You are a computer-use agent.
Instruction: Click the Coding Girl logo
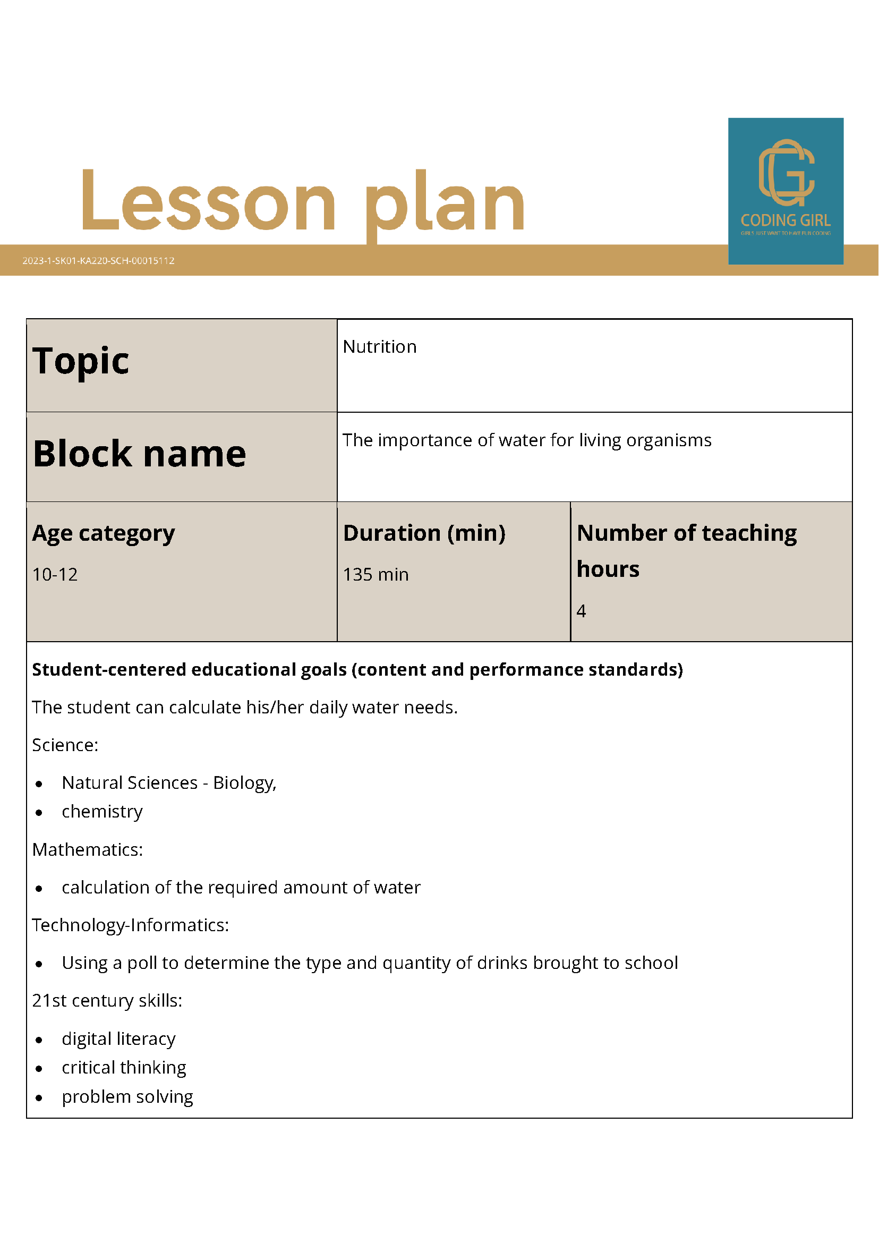coord(786,191)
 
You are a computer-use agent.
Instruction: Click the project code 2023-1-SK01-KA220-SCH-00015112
coord(98,260)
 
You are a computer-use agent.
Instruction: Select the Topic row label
coord(81,361)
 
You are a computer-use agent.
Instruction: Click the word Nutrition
coord(379,346)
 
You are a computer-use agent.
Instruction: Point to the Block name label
coord(140,454)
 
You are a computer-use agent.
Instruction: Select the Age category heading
coord(104,533)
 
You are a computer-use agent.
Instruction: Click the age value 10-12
coord(55,574)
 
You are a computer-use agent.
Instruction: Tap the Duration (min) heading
coord(424,533)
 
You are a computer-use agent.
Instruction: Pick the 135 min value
coord(376,574)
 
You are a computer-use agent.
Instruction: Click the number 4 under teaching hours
coord(581,611)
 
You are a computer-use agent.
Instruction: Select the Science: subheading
coord(65,745)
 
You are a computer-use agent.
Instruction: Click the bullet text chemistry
coord(103,812)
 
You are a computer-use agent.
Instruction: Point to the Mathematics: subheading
coord(87,849)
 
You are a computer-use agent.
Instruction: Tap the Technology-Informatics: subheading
coord(131,925)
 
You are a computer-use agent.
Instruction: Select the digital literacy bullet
coord(118,1038)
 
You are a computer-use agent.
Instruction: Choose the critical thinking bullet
coord(124,1067)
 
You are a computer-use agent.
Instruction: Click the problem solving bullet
coord(127,1096)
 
